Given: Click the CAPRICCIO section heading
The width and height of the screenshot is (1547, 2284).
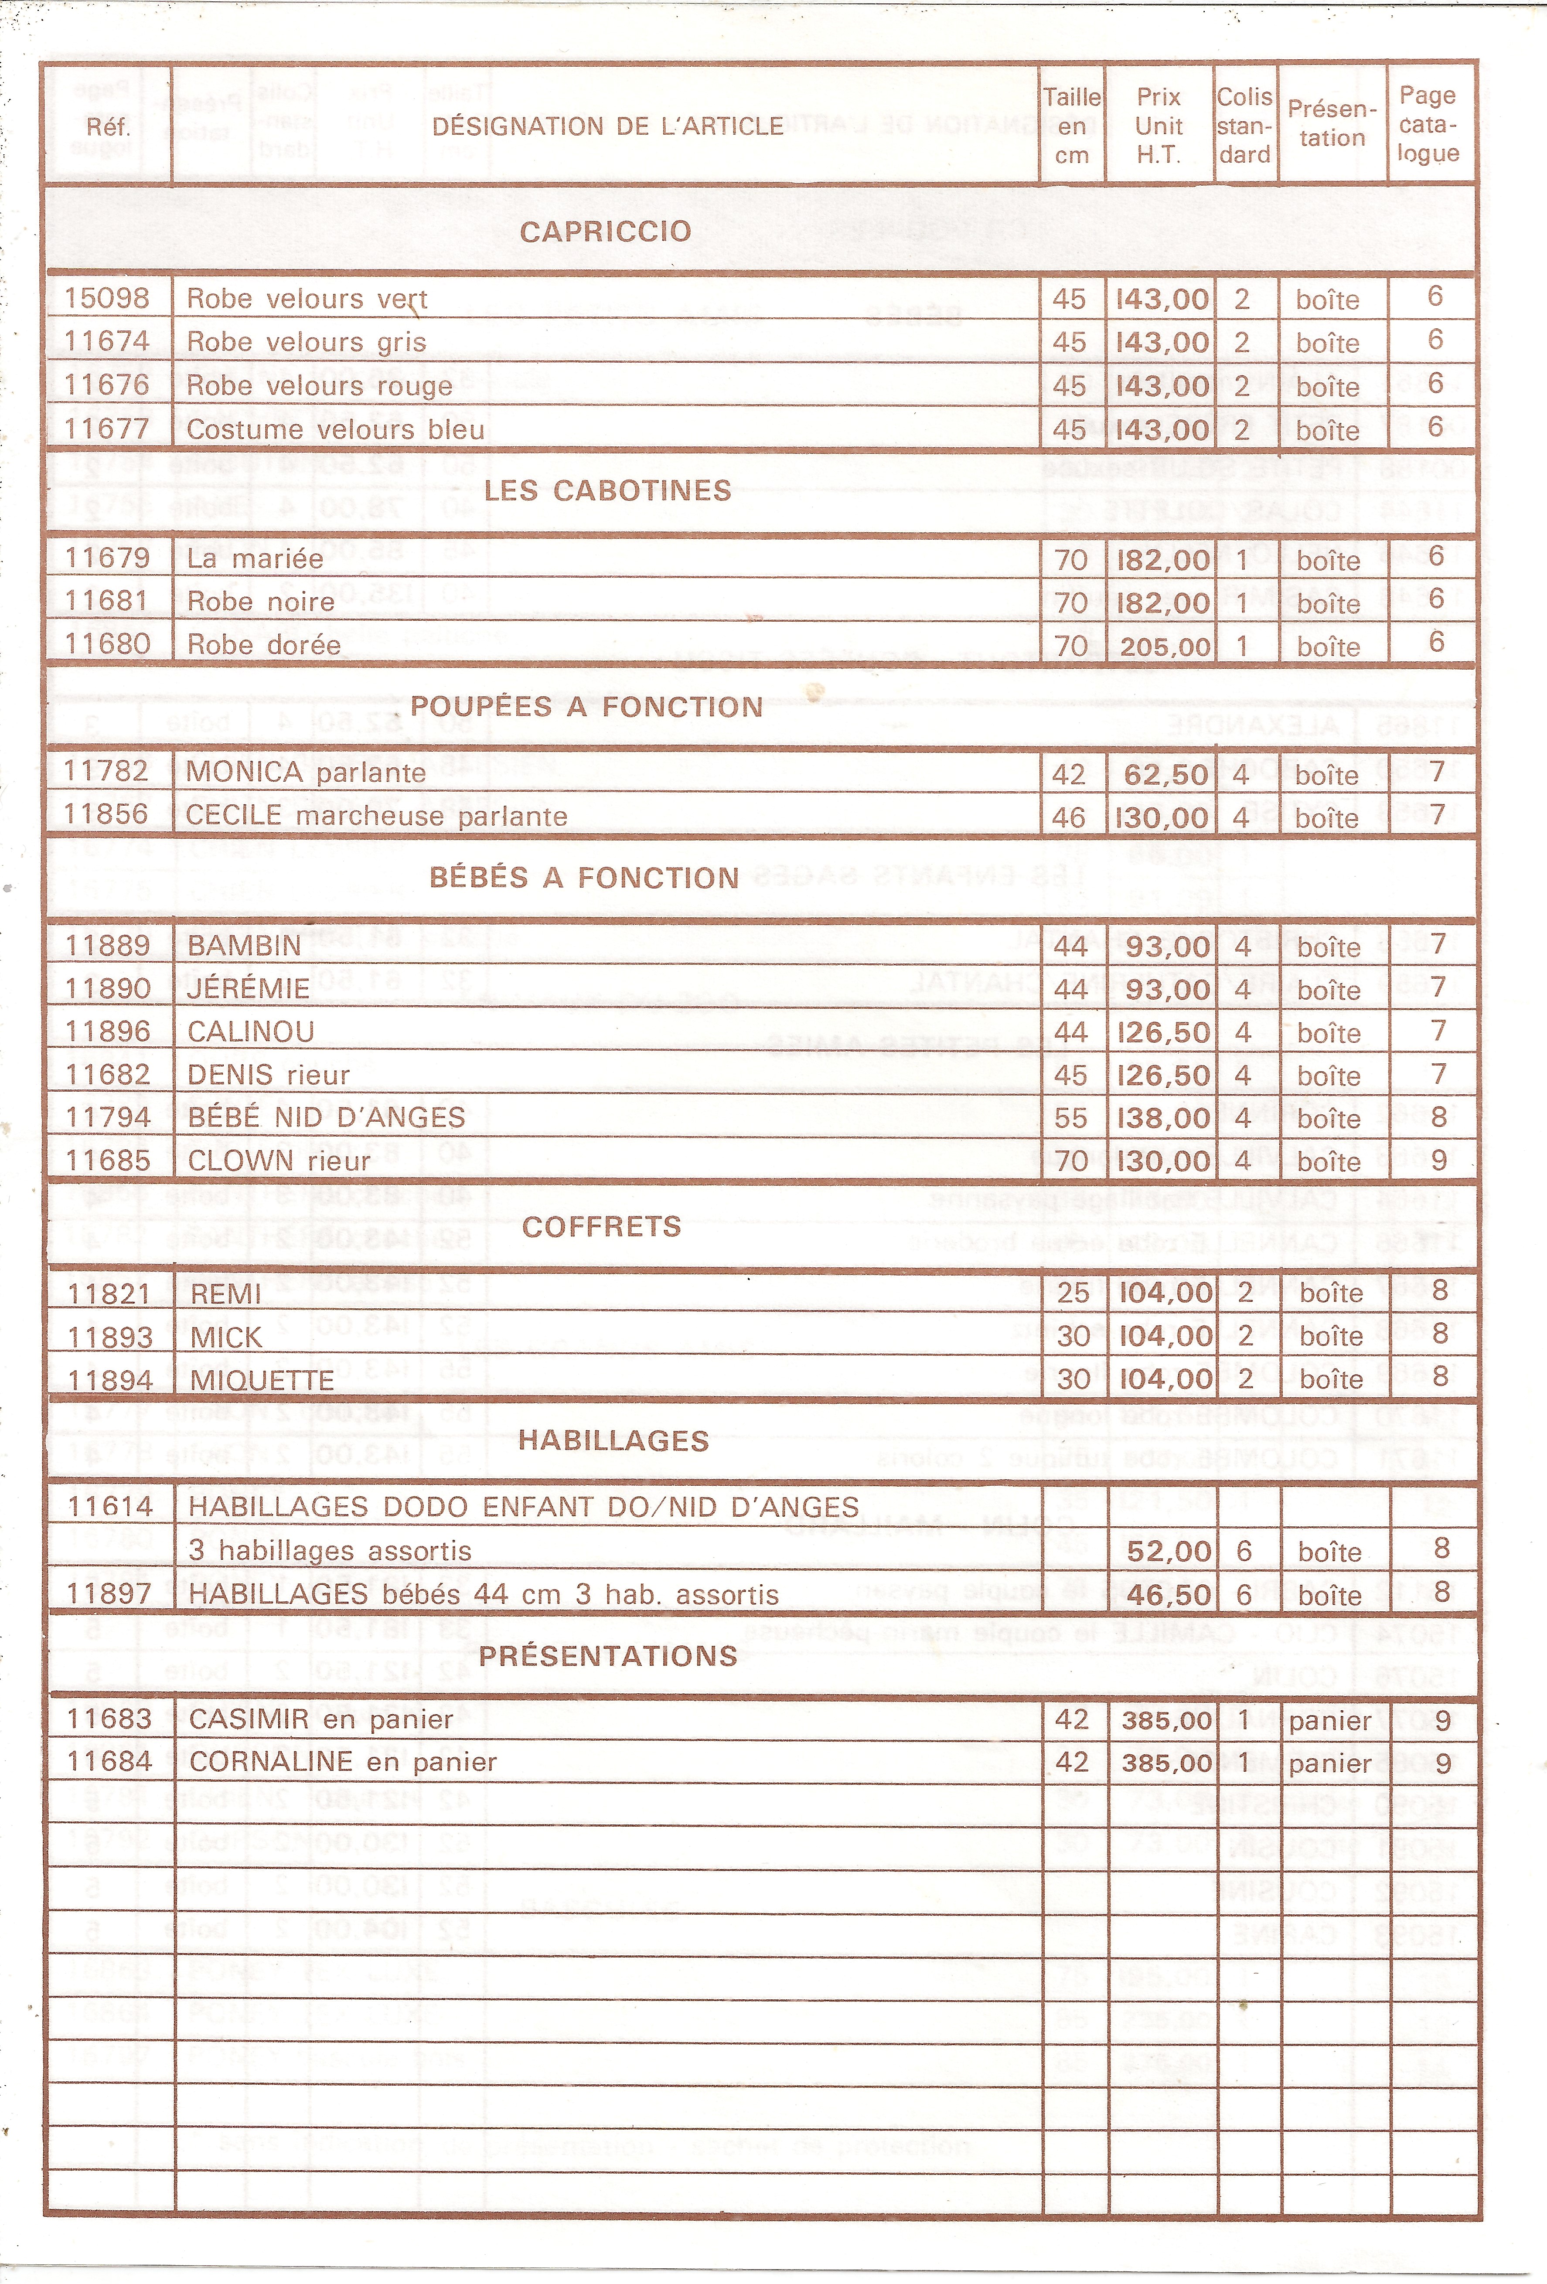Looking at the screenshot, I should (606, 232).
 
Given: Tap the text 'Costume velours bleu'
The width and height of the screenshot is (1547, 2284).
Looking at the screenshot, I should (335, 429).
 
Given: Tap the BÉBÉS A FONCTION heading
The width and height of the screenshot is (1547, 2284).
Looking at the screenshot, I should (584, 878).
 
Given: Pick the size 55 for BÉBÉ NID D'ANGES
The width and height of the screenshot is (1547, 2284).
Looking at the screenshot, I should (1070, 1118).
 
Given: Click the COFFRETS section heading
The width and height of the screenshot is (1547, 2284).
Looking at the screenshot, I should (602, 1226).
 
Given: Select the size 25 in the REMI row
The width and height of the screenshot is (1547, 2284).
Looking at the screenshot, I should (1073, 1292).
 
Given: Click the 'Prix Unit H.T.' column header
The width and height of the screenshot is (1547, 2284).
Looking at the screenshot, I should (1159, 125).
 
